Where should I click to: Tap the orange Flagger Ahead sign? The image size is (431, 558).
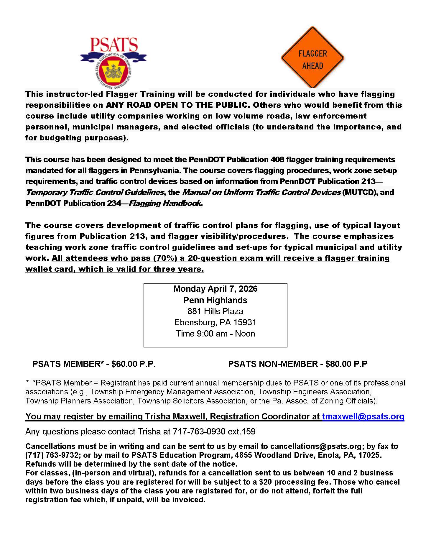[312, 58]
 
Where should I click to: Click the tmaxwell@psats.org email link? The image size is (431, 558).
[363, 416]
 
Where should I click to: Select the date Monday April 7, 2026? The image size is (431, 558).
[215, 289]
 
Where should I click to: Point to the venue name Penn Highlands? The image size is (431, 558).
[215, 300]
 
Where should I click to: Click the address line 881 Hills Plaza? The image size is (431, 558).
[215, 311]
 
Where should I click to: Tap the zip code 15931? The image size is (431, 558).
[245, 322]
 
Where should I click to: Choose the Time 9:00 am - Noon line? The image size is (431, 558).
[215, 334]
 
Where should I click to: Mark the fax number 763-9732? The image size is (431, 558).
[56, 455]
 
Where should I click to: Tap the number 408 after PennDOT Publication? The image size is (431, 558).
[277, 160]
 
